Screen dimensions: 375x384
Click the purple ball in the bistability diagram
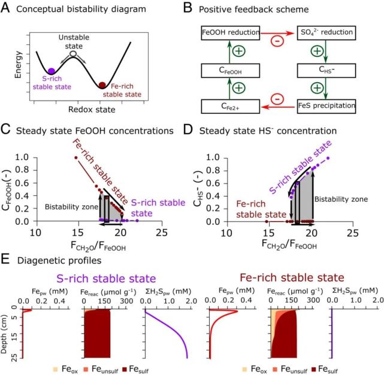(x=52, y=71)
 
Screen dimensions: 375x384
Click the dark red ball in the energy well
(x=102, y=85)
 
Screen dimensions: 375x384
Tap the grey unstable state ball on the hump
(x=72, y=54)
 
